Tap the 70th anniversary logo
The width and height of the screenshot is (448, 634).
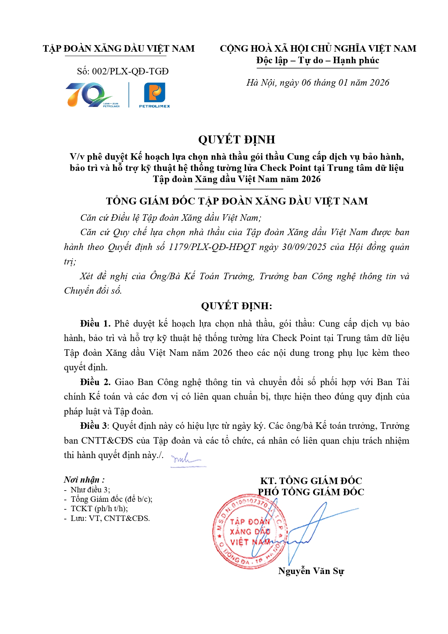92,95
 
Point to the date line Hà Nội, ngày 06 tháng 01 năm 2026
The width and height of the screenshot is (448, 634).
318,83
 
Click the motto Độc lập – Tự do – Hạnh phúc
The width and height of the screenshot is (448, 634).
318,60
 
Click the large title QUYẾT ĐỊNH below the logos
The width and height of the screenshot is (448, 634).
236,139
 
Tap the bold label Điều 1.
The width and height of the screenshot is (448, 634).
95,324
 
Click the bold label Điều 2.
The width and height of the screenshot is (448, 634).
95,382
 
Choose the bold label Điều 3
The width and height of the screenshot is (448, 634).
94,426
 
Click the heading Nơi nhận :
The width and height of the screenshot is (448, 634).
84,480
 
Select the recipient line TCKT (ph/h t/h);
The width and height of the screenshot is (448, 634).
99,509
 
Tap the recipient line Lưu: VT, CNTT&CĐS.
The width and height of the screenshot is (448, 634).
110,518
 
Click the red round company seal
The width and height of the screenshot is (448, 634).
250,532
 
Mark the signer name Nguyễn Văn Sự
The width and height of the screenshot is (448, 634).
311,571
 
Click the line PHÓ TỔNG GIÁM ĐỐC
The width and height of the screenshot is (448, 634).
311,492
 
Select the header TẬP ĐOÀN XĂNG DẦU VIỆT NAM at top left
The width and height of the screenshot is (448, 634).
119,49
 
